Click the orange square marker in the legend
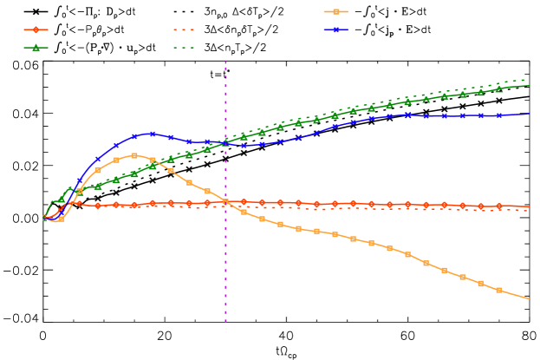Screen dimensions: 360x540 coord(335,11)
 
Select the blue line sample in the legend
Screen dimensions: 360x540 coord(335,29)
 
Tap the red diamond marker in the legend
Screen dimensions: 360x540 coord(36,29)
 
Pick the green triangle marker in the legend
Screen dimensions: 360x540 coord(36,48)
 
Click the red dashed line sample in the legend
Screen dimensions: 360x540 coord(183,29)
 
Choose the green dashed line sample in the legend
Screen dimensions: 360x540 coord(183,48)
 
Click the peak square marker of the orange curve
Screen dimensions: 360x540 coord(134,155)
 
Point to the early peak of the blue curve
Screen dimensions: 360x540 coord(153,134)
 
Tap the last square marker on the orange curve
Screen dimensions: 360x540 coord(498,290)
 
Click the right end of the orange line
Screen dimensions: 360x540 coord(529,298)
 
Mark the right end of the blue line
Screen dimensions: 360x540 coord(529,114)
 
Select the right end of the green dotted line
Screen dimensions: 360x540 coord(529,80)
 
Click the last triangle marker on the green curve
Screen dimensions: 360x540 coord(498,89)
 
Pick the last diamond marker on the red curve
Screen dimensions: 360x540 coord(498,206)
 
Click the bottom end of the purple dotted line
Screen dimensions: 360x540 coord(226,323)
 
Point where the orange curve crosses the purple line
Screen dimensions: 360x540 coord(226,202)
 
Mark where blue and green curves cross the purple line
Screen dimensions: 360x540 coord(226,143)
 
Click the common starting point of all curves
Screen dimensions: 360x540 coord(45,218)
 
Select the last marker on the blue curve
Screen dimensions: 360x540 coord(498,115)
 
